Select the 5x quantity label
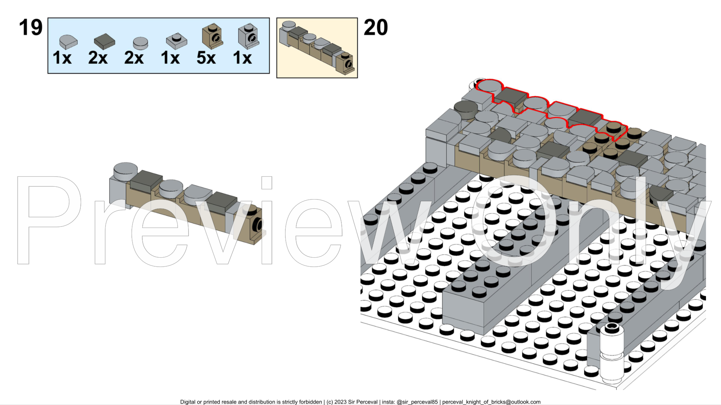206,58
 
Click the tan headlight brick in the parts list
212,36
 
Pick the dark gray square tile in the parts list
104,41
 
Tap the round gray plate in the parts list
140,43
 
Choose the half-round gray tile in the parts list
68,41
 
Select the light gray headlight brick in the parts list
248,36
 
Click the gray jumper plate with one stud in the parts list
176,41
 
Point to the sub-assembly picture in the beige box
317,48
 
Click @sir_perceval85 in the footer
417,402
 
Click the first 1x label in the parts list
62,58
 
